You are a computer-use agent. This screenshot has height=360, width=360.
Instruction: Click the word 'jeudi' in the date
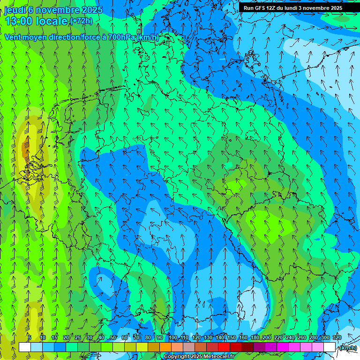[x=15, y=10]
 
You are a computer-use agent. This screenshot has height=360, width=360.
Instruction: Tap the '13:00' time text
[x=20, y=21]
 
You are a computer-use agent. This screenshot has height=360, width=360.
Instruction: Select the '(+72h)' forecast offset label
[x=81, y=21]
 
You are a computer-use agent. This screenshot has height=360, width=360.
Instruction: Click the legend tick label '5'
[x=30, y=338]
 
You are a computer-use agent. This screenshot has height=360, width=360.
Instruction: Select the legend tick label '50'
[x=113, y=338]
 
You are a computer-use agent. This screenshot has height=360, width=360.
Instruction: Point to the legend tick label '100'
[x=173, y=338]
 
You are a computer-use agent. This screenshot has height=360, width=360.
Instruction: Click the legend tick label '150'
[x=232, y=338]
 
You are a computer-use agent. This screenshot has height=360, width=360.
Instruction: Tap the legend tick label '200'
[x=267, y=338]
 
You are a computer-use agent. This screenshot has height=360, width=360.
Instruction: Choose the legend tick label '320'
[x=337, y=338]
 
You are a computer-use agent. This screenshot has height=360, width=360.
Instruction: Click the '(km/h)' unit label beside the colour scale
[x=347, y=348]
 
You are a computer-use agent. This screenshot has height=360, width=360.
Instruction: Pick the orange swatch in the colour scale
[x=165, y=347]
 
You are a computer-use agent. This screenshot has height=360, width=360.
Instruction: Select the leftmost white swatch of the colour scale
[x=25, y=347]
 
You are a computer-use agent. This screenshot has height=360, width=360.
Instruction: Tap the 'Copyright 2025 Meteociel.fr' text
[x=199, y=357]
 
